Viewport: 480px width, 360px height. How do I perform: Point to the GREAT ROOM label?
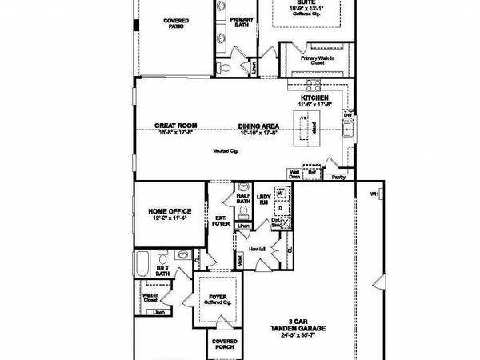pos(176,126)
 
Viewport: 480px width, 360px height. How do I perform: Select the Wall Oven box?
pos(294,172)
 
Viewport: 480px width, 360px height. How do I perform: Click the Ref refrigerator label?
pos(313,171)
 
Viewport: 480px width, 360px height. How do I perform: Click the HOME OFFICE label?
pos(168,213)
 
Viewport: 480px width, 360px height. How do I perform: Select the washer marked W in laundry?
pos(281,194)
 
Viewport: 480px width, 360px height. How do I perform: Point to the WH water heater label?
pos(374,194)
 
